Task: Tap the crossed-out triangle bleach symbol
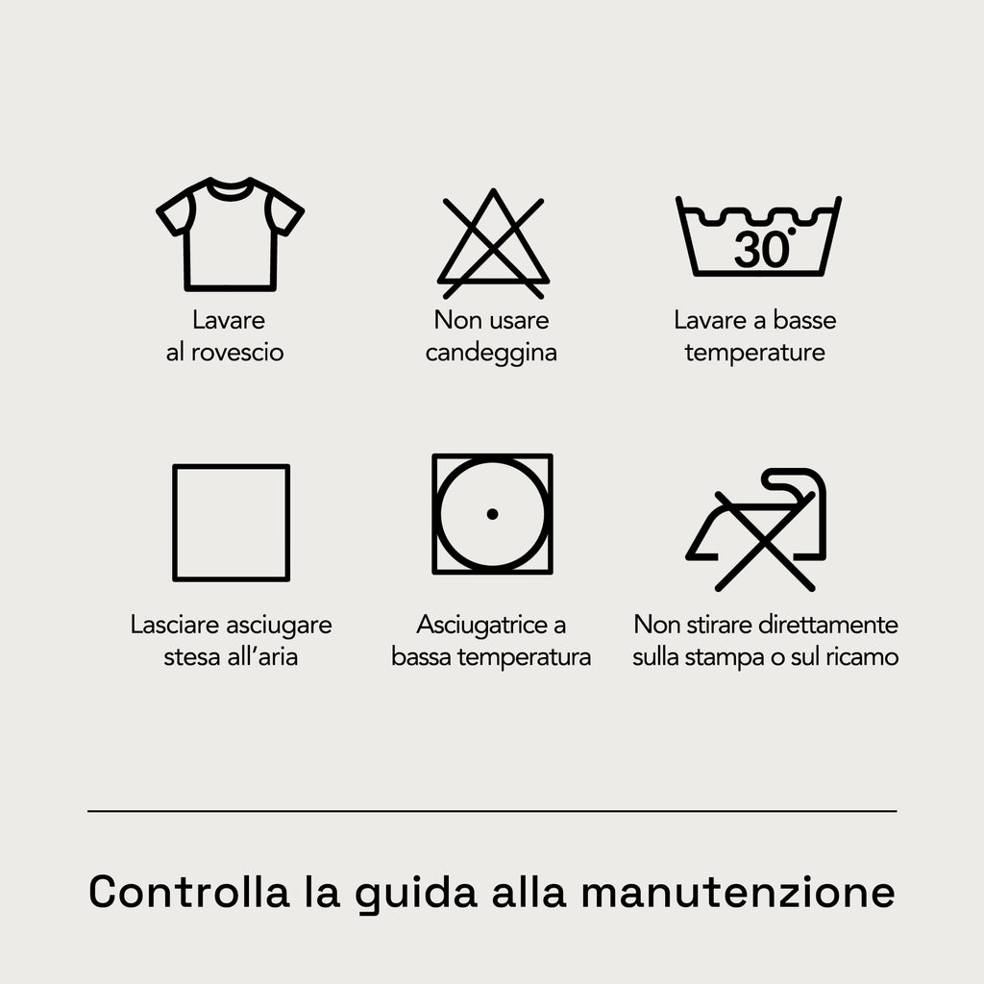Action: pos(493,243)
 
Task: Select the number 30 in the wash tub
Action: pos(761,250)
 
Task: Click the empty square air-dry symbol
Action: pos(174,523)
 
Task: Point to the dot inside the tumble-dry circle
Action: pos(493,514)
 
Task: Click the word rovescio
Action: pos(237,352)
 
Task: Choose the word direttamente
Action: pos(827,625)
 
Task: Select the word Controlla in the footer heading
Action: pos(189,891)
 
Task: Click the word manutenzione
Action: pos(739,892)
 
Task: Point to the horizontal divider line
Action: pos(492,811)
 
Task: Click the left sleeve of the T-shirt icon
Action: pos(172,212)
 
